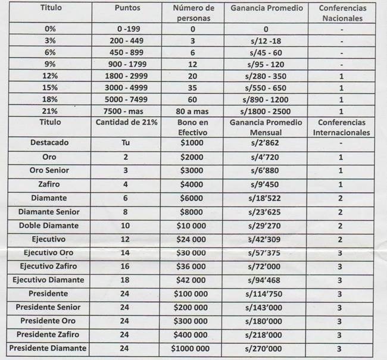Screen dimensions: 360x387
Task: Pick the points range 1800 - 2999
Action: [129, 77]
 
